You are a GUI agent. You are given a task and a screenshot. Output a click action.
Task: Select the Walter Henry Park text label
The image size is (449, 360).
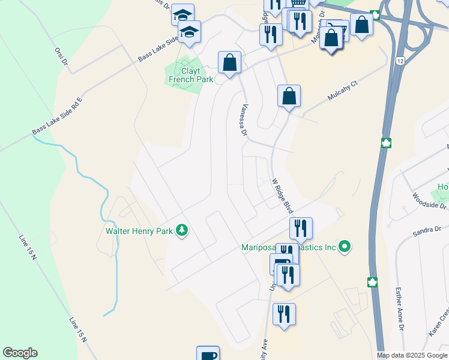pyautogui.click(x=139, y=230)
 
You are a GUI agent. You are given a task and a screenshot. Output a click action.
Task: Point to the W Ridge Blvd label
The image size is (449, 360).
pyautogui.click(x=282, y=196)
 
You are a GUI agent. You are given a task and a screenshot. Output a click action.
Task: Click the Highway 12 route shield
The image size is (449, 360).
pyautogui.click(x=400, y=62)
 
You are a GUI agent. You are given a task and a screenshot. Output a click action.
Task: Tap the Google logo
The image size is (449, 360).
pyautogui.click(x=20, y=353)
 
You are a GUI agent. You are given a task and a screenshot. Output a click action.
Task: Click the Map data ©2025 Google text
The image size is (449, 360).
pyautogui.click(x=412, y=355)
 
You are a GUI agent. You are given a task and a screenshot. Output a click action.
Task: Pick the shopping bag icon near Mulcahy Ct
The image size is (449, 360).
pyautogui.click(x=289, y=95)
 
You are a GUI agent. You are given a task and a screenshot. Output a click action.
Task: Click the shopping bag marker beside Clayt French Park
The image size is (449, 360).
pyautogui.click(x=229, y=62)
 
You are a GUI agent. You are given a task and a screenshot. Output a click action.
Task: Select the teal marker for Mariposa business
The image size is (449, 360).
pyautogui.click(x=344, y=247)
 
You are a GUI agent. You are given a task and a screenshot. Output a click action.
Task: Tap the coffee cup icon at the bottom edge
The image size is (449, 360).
pyautogui.click(x=208, y=354)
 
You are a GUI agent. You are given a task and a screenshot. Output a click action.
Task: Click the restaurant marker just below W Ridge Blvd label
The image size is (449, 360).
pyautogui.click(x=301, y=228)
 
